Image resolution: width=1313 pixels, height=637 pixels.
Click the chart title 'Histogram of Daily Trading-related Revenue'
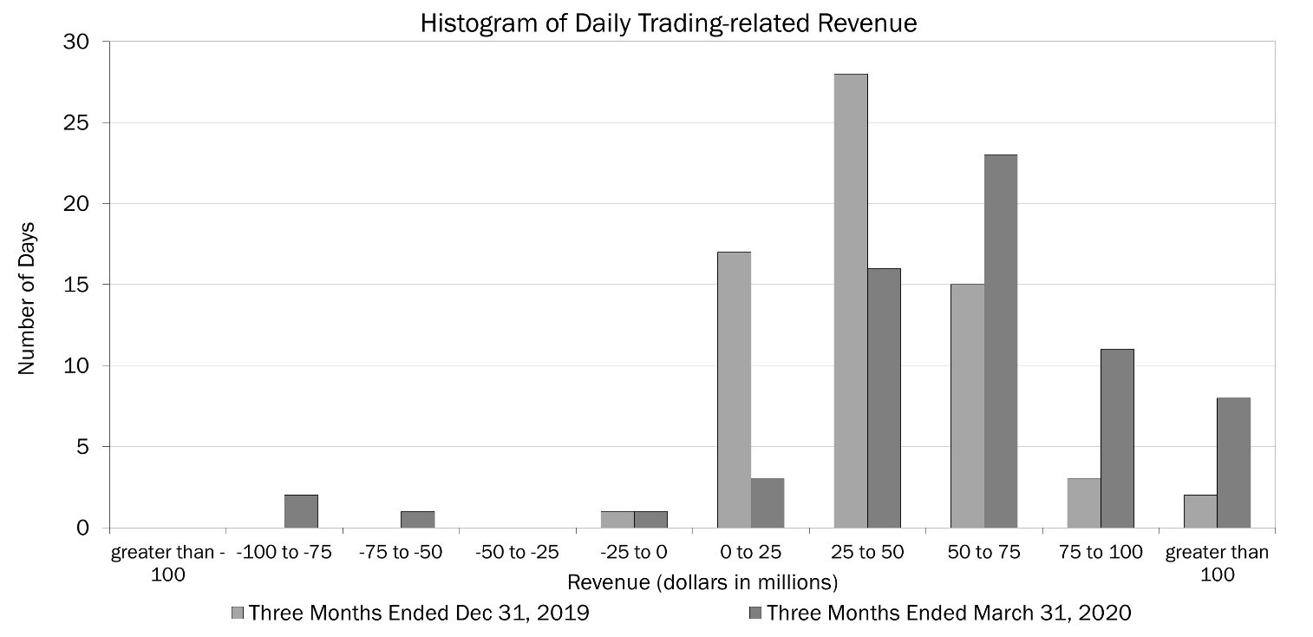668,23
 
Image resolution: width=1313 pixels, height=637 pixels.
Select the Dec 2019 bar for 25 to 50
851,301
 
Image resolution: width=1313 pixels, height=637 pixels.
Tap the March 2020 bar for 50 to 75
1001,341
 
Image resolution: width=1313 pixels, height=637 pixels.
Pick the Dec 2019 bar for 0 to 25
735,390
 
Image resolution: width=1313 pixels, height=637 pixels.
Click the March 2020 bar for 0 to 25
768,502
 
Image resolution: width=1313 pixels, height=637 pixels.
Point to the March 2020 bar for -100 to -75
301,511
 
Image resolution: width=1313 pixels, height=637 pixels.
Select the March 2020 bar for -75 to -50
417,519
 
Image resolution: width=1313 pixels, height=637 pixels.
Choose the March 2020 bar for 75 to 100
1117,438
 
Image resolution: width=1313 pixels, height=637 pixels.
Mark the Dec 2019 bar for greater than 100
1200,511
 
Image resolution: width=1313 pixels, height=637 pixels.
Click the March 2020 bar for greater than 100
1233,463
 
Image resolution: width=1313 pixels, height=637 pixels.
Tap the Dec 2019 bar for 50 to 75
967,406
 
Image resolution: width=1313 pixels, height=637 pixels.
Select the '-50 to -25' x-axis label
517,552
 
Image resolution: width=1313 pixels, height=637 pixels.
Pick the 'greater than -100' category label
168,562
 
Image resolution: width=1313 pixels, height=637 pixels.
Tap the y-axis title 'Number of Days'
27,285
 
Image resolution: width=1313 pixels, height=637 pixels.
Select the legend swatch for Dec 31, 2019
238,614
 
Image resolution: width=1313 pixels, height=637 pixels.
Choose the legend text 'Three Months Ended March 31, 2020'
949,614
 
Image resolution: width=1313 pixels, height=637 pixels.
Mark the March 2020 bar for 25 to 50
884,398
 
